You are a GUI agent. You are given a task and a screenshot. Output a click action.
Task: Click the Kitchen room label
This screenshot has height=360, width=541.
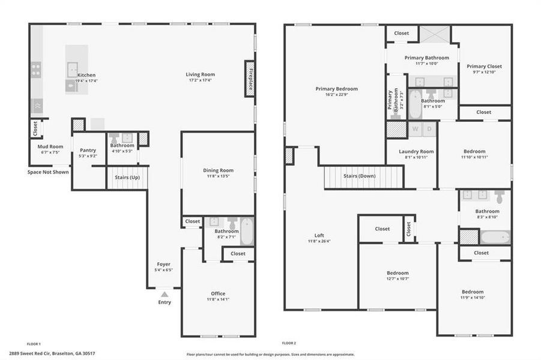click(86, 75)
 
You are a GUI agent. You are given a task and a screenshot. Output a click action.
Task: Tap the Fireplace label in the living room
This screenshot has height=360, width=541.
click(249, 79)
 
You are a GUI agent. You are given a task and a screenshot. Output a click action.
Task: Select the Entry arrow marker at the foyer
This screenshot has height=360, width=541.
click(164, 294)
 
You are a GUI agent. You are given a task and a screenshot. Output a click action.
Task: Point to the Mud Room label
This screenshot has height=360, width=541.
click(50, 146)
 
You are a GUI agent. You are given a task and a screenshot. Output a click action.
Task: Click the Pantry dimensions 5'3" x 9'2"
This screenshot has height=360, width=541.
click(88, 156)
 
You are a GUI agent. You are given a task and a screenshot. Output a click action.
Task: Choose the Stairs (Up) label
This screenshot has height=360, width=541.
click(127, 178)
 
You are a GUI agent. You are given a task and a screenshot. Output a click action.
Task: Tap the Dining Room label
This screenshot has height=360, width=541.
click(218, 170)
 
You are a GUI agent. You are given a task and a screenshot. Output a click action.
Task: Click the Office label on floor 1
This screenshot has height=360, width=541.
click(218, 293)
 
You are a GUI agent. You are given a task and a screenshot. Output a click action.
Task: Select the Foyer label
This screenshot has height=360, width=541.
click(163, 264)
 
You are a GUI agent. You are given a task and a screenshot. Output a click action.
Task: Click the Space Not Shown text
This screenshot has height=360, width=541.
click(48, 172)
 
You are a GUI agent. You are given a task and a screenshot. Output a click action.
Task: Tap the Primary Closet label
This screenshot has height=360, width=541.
click(484, 67)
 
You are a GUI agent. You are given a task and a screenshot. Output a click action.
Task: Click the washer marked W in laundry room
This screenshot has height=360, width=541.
click(415, 129)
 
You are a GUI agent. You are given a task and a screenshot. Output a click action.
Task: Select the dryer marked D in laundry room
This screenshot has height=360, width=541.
click(429, 129)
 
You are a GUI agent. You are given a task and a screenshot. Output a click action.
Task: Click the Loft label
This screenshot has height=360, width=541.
click(319, 235)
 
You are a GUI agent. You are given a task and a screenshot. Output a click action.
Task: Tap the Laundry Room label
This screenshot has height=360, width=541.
click(416, 152)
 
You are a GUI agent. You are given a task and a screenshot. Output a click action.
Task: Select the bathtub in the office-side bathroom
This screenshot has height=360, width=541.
click(247, 232)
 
